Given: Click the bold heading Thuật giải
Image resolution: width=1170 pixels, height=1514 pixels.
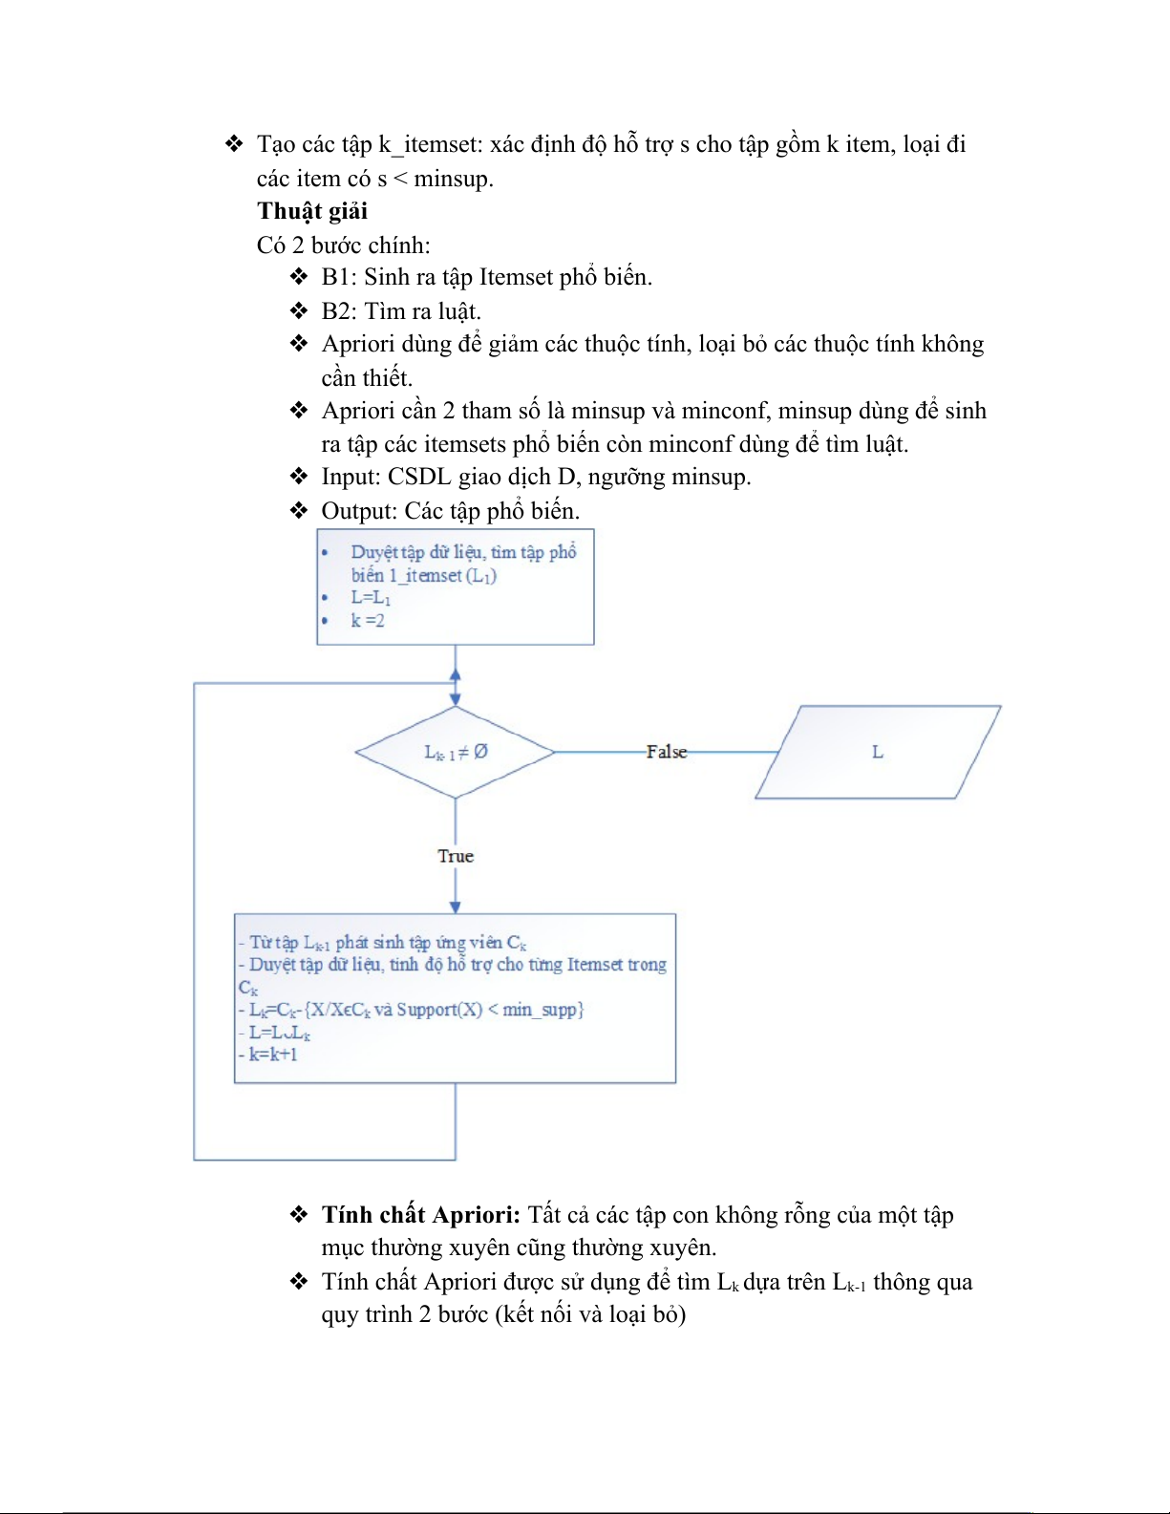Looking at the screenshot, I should tap(311, 211).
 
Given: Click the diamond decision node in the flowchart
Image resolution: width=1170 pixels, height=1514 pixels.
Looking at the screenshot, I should tap(456, 752).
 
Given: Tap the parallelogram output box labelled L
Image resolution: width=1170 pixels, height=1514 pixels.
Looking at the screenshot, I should tap(877, 752).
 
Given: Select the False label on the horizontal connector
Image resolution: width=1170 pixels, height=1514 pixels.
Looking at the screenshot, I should tap(667, 752).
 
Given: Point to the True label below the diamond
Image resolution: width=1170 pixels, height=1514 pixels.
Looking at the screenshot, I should tap(456, 856).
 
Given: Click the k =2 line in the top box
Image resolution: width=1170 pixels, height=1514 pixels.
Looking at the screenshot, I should tap(368, 621).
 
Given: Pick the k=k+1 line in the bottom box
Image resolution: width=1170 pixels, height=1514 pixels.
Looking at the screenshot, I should tap(273, 1055).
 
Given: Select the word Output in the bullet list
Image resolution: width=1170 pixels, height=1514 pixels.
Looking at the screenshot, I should tap(358, 511).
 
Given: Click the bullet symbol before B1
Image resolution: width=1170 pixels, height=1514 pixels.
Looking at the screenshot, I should tap(299, 277).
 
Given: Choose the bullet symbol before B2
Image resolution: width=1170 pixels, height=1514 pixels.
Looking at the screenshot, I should tap(299, 311).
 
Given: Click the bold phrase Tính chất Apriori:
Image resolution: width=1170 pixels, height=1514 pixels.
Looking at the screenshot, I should tap(420, 1215).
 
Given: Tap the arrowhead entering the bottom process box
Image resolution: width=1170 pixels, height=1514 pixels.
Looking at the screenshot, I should tap(456, 906).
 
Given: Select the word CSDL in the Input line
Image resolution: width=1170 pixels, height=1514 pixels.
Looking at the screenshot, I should tap(421, 477).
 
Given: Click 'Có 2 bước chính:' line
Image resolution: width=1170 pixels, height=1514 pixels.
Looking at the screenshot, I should tap(343, 245).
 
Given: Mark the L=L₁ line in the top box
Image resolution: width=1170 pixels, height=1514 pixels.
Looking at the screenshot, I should tap(371, 598).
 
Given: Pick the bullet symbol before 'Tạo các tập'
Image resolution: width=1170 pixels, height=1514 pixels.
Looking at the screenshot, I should tap(234, 144).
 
